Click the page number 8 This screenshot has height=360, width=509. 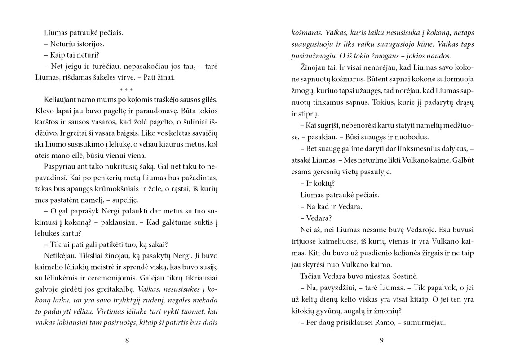pos(127,340)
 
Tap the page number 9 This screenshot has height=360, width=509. pos(381,340)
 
